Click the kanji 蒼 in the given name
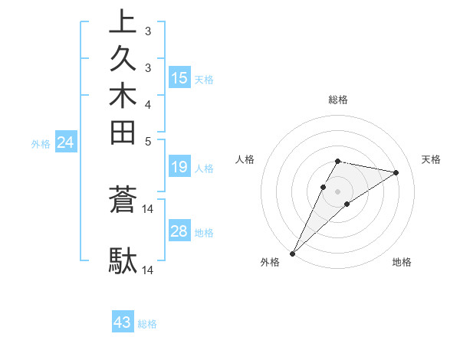point(123,201)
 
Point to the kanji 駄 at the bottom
point(123,260)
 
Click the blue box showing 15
point(179,77)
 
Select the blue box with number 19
point(179,167)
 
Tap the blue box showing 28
point(179,231)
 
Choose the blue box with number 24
point(66,142)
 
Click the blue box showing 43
point(123,322)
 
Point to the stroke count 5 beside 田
point(148,141)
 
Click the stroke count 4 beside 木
point(148,103)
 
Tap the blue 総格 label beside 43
point(147,324)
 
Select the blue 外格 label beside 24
point(41,143)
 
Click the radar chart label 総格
point(338,100)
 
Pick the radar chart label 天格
point(431,159)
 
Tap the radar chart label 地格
point(402,263)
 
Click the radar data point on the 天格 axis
point(396,172)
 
